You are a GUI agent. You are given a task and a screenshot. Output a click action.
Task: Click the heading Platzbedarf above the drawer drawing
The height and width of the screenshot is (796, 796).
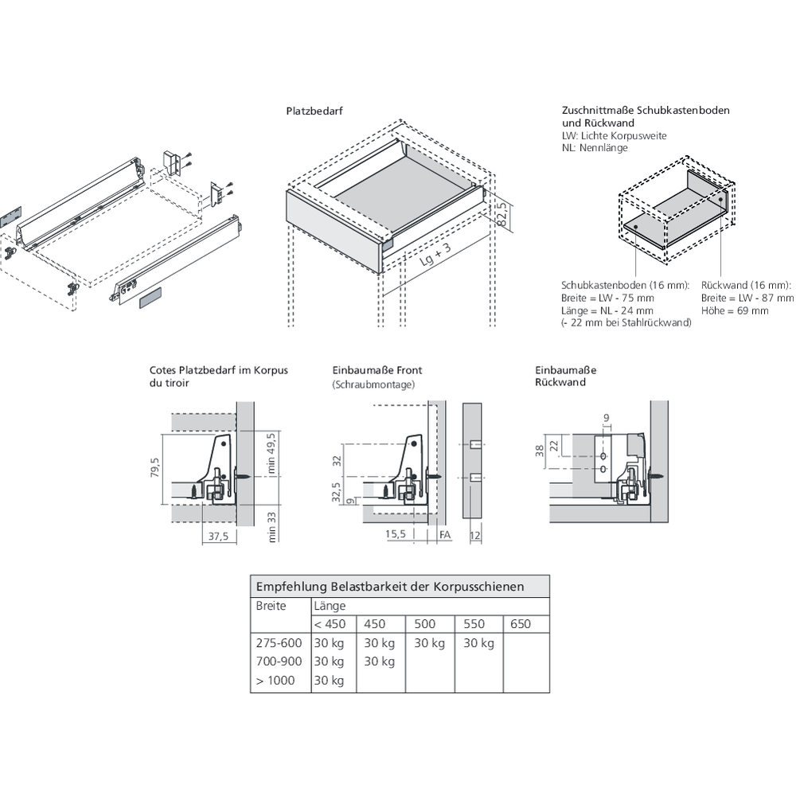314,112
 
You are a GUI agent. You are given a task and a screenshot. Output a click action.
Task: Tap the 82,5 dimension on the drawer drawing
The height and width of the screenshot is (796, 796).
502,214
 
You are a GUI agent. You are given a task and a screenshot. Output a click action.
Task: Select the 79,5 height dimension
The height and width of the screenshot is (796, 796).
157,470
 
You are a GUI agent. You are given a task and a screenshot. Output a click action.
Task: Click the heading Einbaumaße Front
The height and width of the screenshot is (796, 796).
377,370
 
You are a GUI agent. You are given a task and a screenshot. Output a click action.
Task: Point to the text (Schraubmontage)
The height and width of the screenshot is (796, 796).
373,384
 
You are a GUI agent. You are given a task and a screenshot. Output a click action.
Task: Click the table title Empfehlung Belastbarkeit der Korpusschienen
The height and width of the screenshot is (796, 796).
390,587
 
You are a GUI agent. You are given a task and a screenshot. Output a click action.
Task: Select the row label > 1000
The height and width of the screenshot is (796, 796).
275,681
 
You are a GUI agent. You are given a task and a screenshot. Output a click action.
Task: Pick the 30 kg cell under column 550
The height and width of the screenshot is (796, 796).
478,643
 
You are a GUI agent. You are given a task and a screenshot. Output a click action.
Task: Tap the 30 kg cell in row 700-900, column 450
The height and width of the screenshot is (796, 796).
380,661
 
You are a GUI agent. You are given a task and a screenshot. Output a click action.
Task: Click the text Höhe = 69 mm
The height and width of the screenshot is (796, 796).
735,310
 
